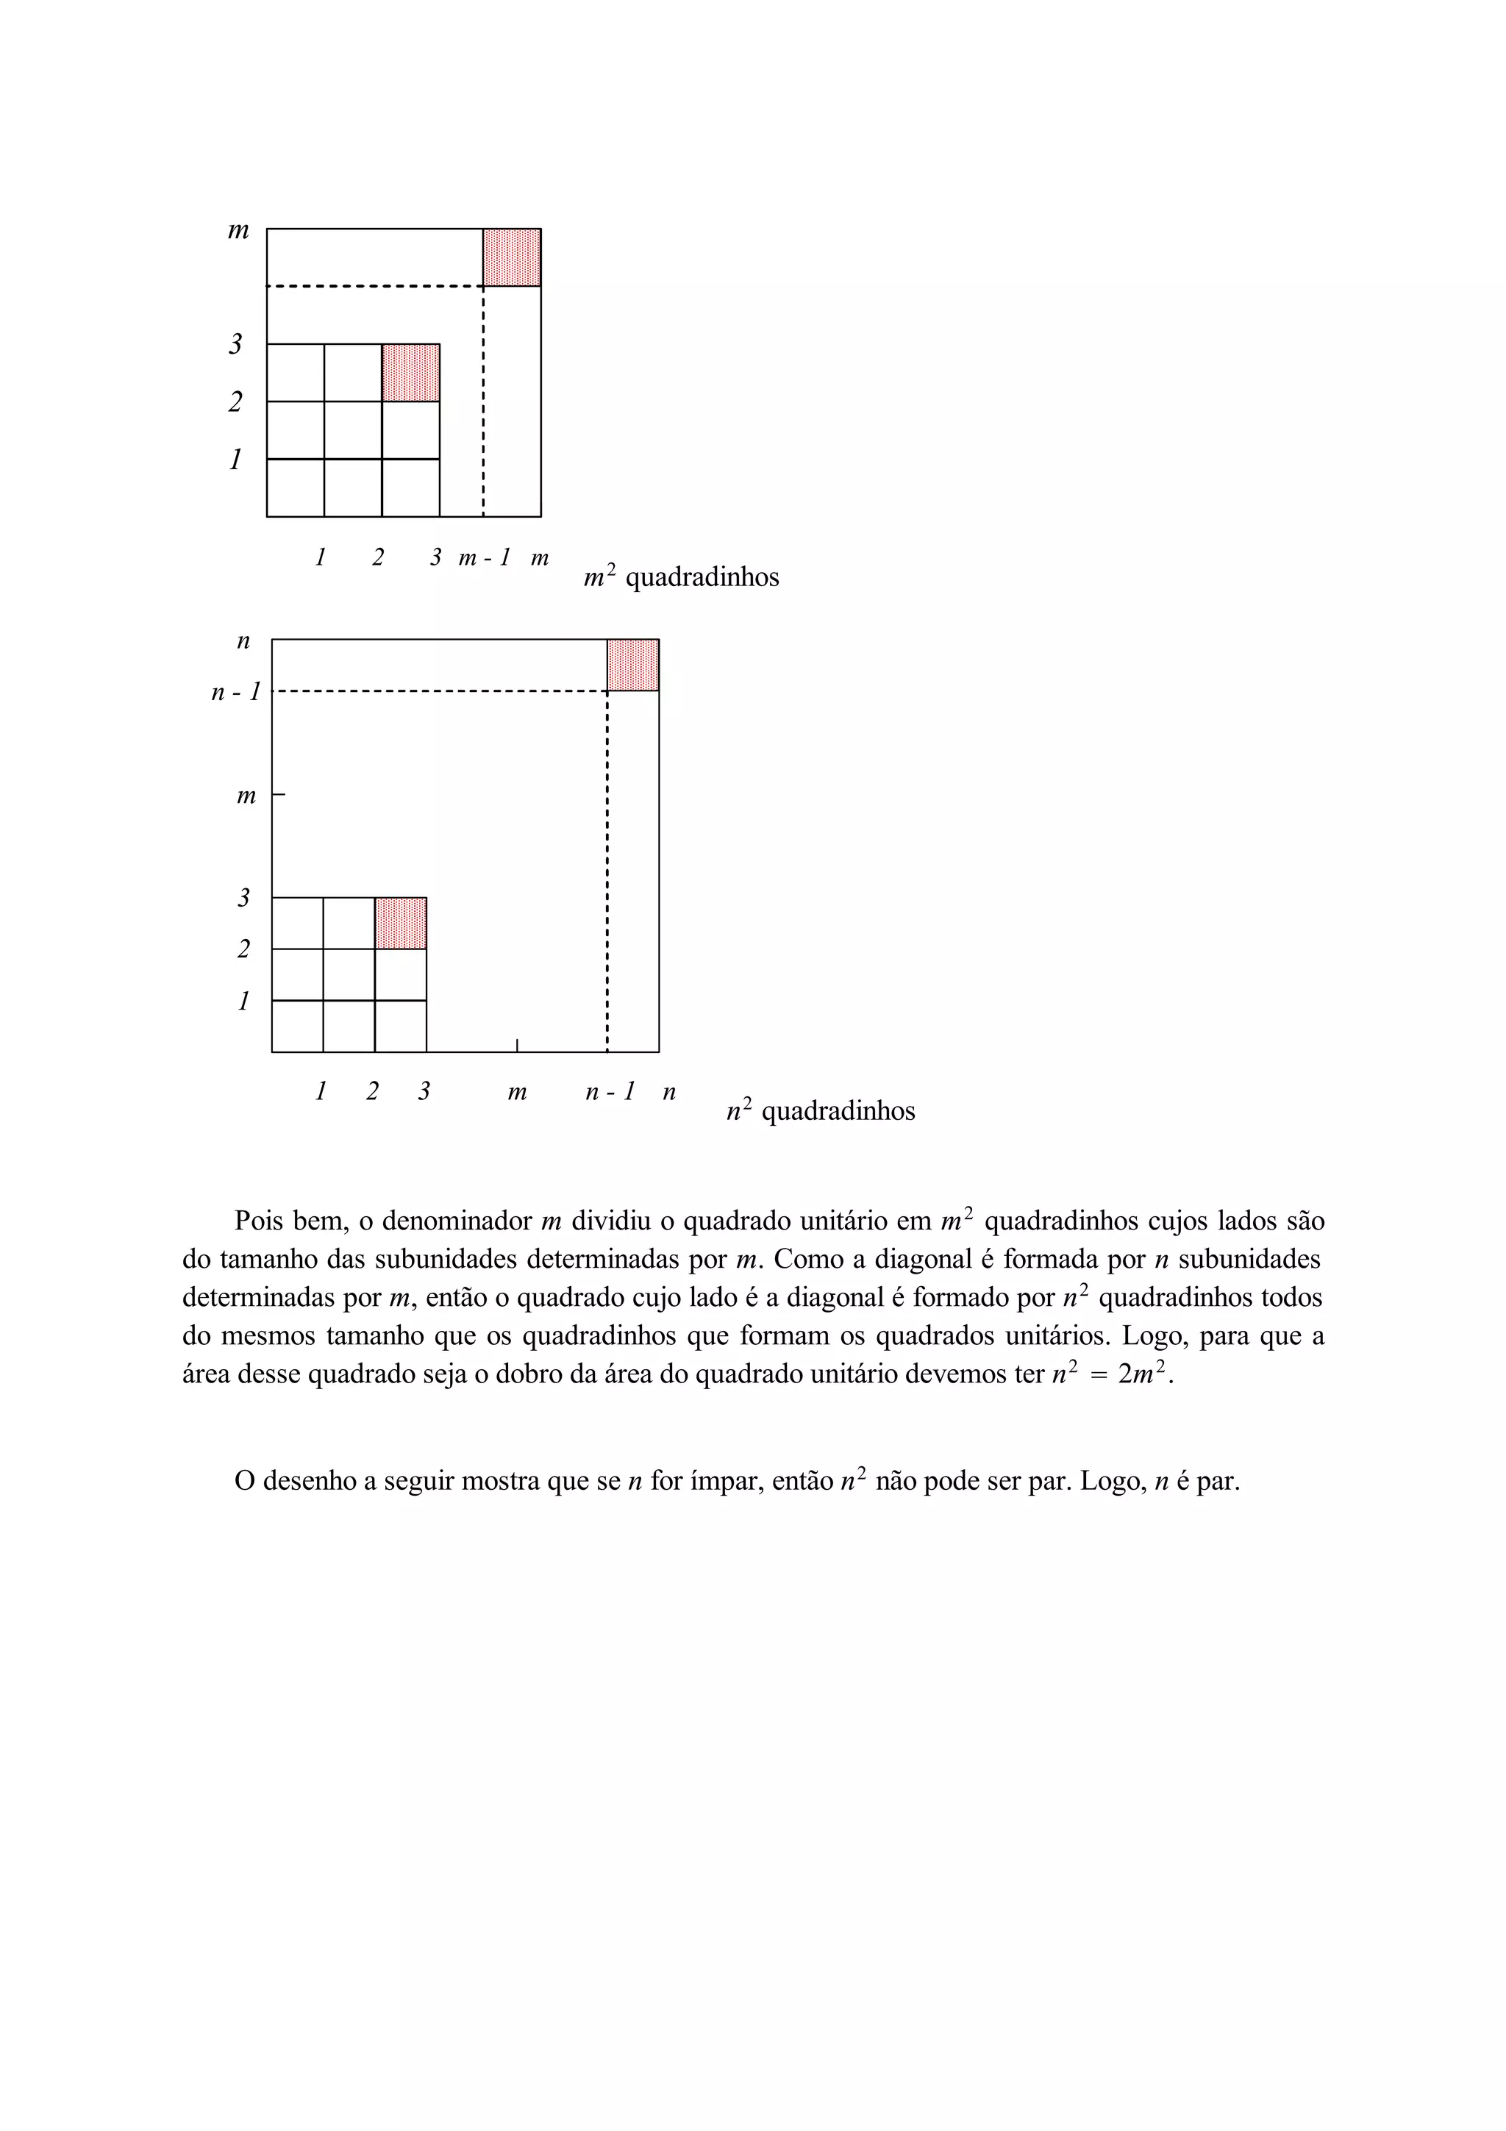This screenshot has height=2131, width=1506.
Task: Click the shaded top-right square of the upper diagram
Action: (511, 257)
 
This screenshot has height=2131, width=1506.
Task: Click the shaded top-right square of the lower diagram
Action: (633, 665)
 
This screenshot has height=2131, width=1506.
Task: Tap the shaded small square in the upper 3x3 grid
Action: (410, 372)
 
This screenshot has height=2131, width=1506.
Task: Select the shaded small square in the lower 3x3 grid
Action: (401, 923)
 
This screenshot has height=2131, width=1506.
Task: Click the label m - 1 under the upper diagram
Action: (485, 558)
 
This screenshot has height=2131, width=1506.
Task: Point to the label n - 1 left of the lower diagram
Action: (236, 691)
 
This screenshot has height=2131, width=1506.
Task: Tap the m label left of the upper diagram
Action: (238, 230)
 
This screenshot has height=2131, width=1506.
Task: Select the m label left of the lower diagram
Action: (246, 796)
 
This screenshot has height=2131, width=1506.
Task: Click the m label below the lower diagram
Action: (517, 1093)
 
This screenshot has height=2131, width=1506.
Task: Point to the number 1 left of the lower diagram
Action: (243, 1001)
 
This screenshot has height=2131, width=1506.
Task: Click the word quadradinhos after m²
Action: (702, 577)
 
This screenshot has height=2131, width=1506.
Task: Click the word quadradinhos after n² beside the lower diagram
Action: (838, 1111)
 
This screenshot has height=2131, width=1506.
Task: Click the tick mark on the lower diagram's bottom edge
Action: (517, 1045)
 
